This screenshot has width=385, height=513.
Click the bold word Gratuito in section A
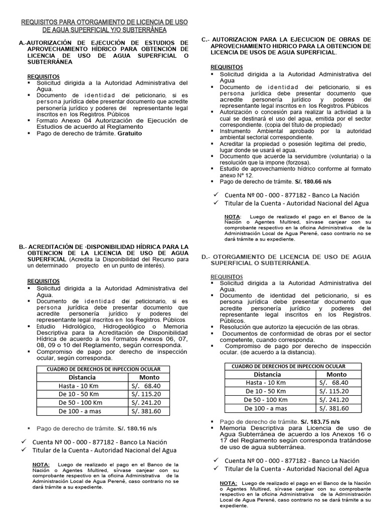pos(130,134)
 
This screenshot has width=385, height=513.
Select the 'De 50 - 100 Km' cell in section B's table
pos(81,402)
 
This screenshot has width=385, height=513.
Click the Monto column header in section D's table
pos(336,374)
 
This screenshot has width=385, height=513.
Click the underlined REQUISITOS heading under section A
pos(43,76)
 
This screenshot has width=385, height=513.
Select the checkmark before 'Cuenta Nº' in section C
pos(216,194)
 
